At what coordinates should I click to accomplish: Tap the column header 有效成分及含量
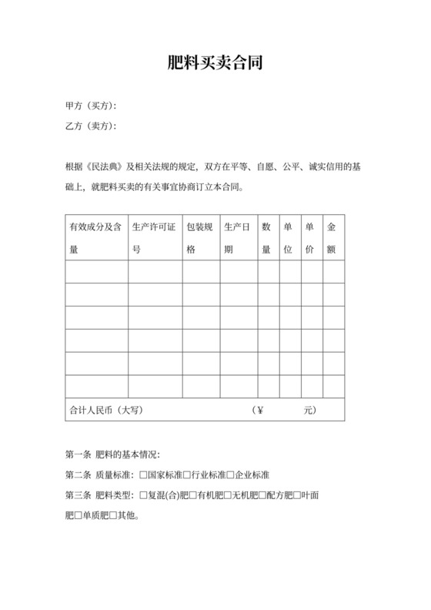[x=96, y=239]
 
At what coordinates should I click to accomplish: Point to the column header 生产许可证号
[x=155, y=239]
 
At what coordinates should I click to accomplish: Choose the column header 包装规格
[x=201, y=239]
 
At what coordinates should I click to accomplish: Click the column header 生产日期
[x=238, y=239]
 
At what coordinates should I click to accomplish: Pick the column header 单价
[x=310, y=239]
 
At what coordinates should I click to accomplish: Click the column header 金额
[x=332, y=239]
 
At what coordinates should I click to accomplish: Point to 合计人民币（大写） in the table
[x=106, y=411]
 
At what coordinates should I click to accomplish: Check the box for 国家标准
[x=143, y=475]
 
